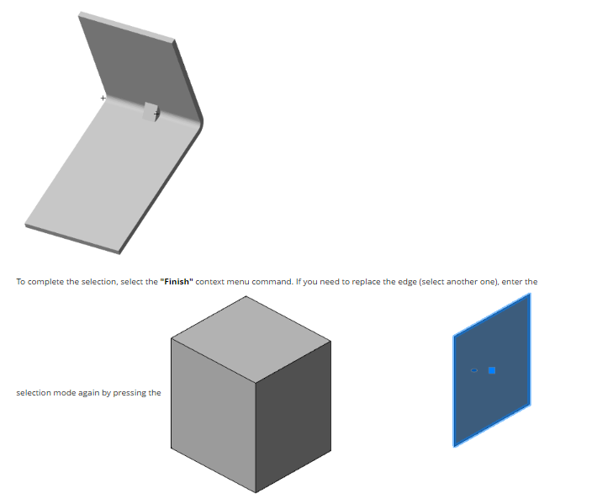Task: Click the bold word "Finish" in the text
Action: [x=177, y=282]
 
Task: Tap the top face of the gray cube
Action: [x=251, y=339]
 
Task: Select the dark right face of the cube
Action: [x=293, y=417]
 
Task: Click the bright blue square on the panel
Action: [x=492, y=370]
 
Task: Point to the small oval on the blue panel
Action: [x=474, y=370]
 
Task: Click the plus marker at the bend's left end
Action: [x=103, y=98]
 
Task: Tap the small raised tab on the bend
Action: [x=151, y=112]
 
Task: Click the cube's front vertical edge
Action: [x=256, y=438]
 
